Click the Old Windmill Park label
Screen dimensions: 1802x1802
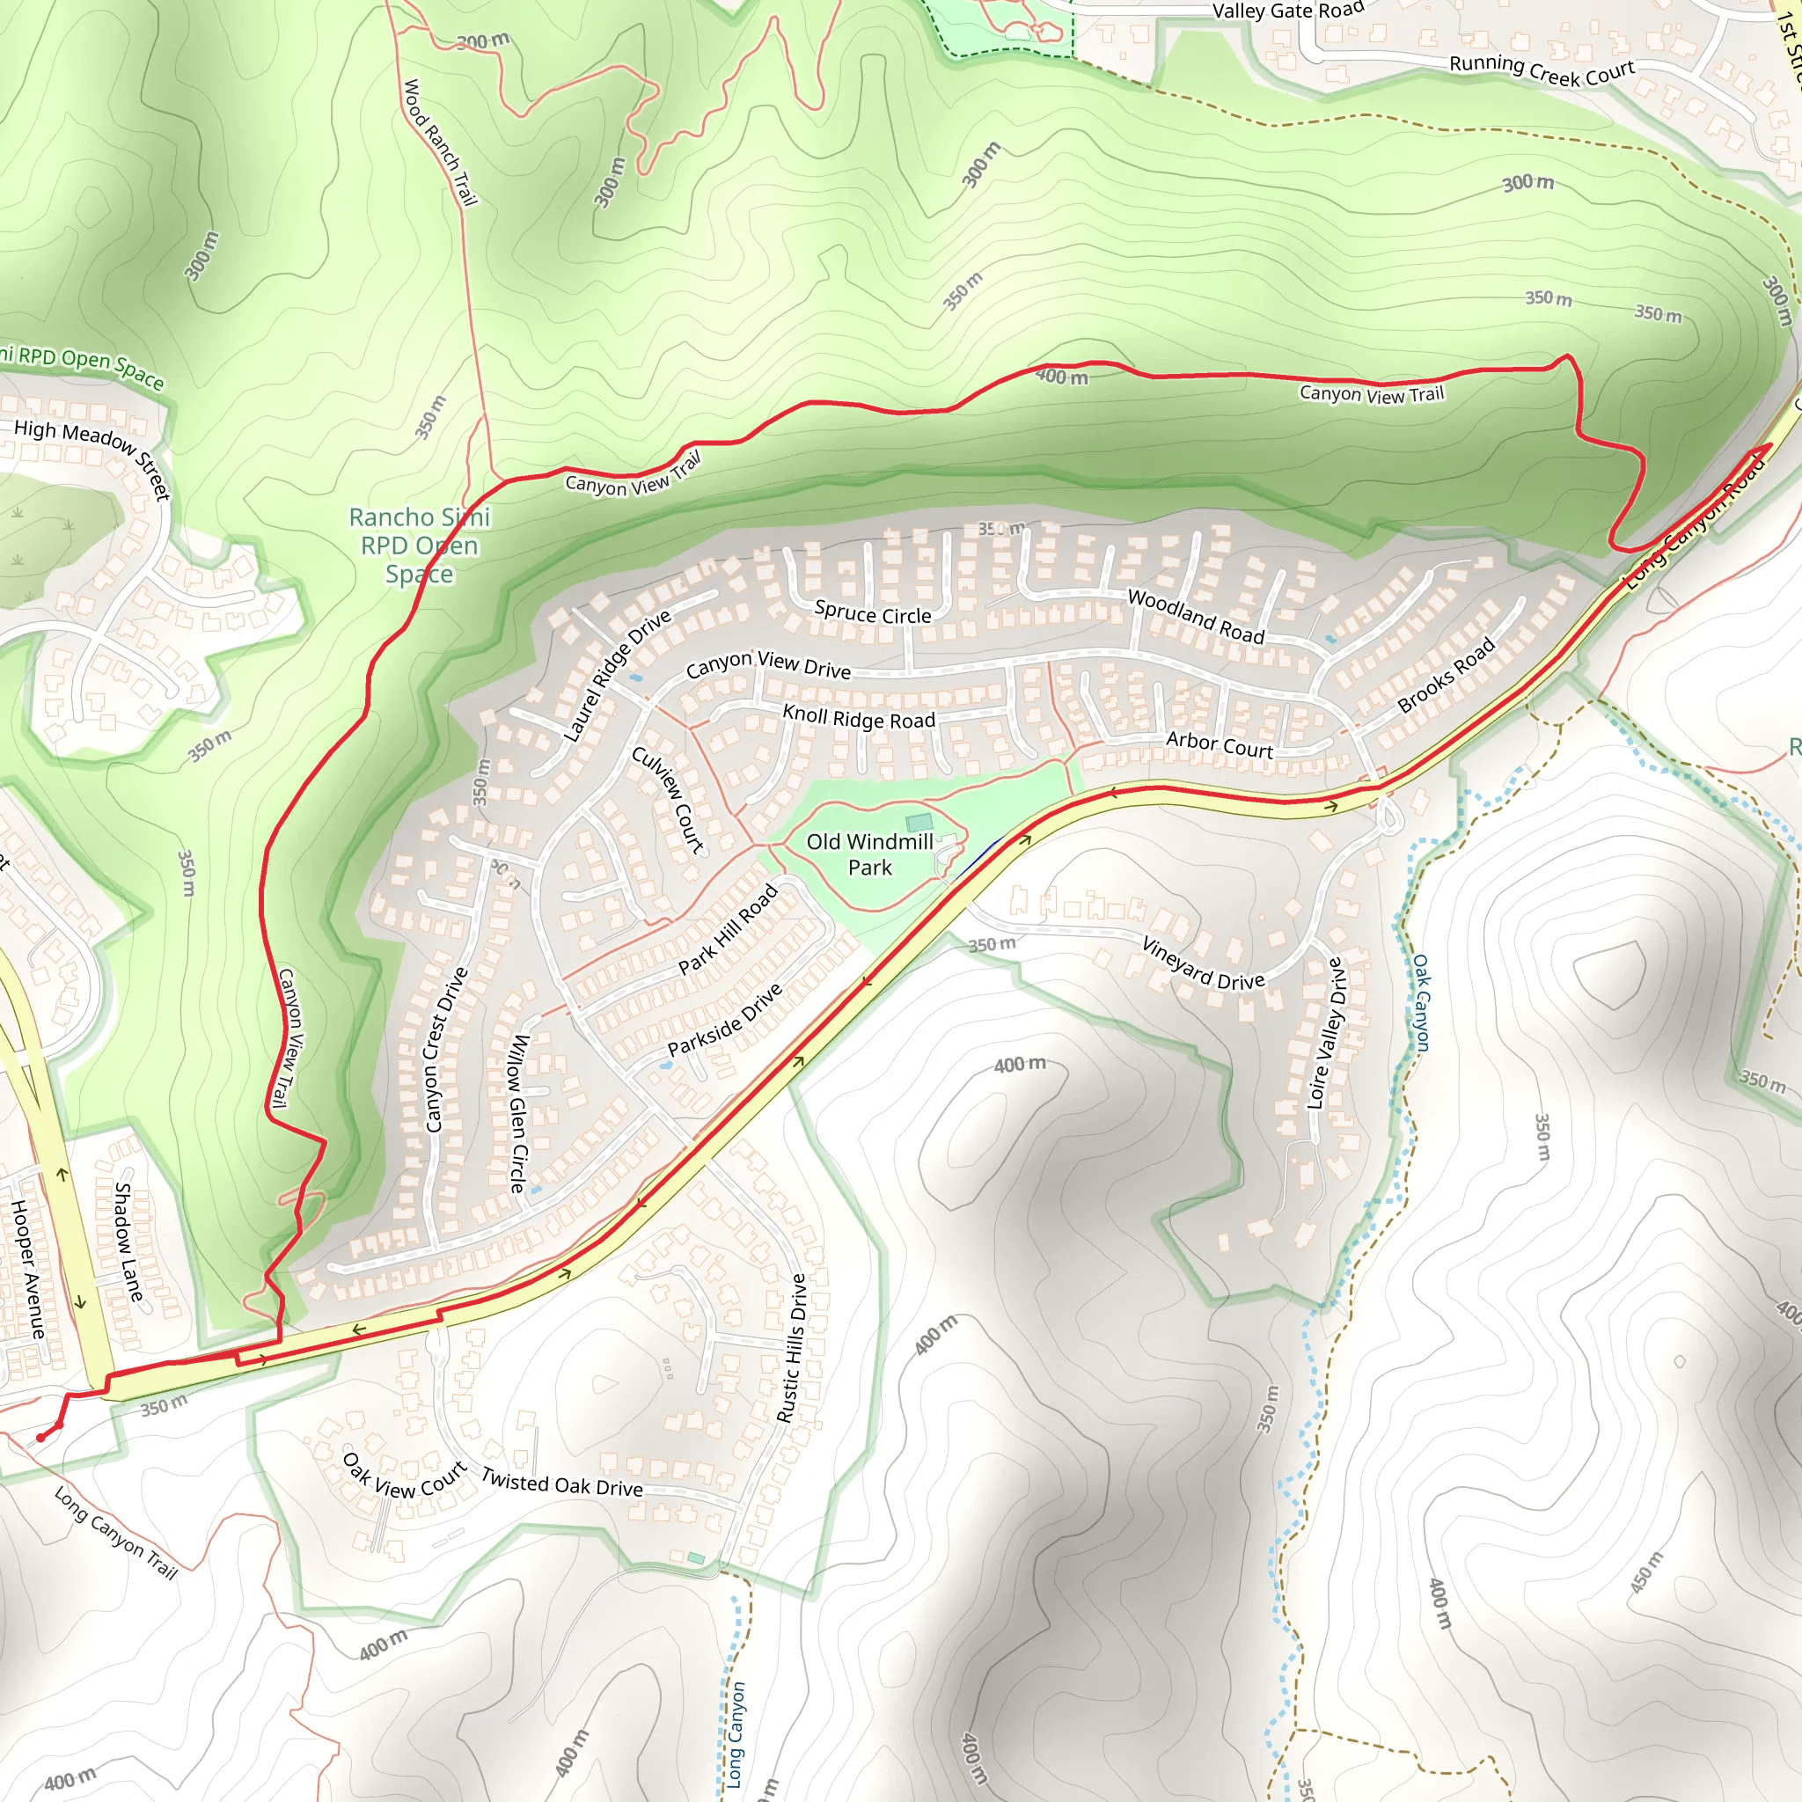[869, 854]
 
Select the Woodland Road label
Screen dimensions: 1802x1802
[1196, 617]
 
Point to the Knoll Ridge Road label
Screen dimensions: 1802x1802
[858, 717]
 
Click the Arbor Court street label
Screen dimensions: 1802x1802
[1219, 744]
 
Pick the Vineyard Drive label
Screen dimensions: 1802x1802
[1203, 963]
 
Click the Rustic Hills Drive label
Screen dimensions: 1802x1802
[792, 1348]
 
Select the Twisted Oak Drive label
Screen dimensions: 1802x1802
[561, 1481]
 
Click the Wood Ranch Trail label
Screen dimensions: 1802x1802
[439, 142]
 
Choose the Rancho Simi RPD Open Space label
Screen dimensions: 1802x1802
[420, 545]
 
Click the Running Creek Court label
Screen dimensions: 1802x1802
[1542, 70]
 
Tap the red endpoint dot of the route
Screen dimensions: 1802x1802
[41, 1438]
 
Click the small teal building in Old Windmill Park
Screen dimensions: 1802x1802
[919, 822]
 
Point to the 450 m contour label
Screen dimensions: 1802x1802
[1646, 1572]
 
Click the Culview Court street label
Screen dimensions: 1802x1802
[668, 798]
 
